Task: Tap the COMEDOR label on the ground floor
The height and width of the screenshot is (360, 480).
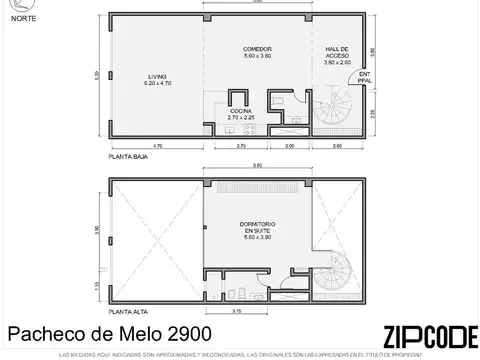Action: tap(257, 52)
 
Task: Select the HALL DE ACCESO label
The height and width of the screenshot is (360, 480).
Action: tap(337, 52)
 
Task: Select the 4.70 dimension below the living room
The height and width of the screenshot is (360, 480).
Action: tap(157, 147)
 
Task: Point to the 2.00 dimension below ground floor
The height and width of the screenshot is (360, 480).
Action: tap(290, 147)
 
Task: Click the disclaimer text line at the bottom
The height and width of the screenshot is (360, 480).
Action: tap(240, 354)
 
